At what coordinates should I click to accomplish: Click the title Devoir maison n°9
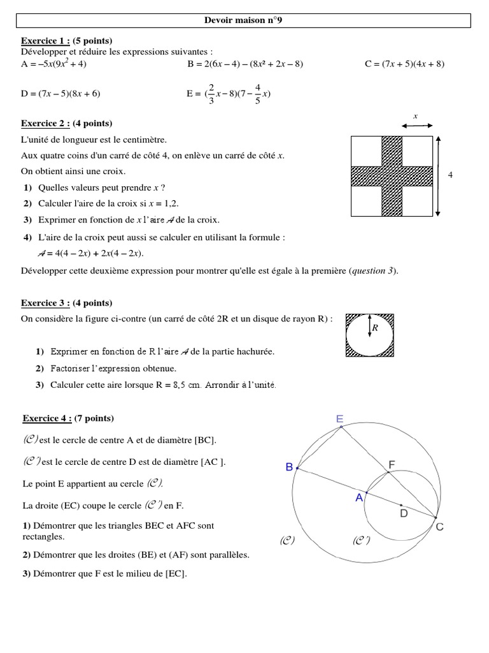pyautogui.click(x=244, y=21)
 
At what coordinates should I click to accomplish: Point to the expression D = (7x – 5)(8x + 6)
pyautogui.click(x=60, y=93)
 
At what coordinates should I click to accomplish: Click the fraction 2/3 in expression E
pyautogui.click(x=211, y=93)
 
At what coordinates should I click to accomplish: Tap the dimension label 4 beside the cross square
pyautogui.click(x=450, y=175)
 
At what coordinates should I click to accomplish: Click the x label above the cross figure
pyautogui.click(x=415, y=117)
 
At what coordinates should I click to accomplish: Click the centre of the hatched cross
pyautogui.click(x=391, y=175)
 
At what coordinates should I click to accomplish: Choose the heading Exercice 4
pyautogui.click(x=45, y=418)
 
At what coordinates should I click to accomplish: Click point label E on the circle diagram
pyautogui.click(x=339, y=419)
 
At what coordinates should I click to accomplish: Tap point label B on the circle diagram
pyautogui.click(x=289, y=467)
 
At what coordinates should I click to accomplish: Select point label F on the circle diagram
pyautogui.click(x=392, y=466)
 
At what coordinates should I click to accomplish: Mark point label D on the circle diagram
pyautogui.click(x=403, y=513)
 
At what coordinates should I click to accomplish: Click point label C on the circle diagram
pyautogui.click(x=439, y=527)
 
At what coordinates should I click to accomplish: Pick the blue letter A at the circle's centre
pyautogui.click(x=359, y=497)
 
